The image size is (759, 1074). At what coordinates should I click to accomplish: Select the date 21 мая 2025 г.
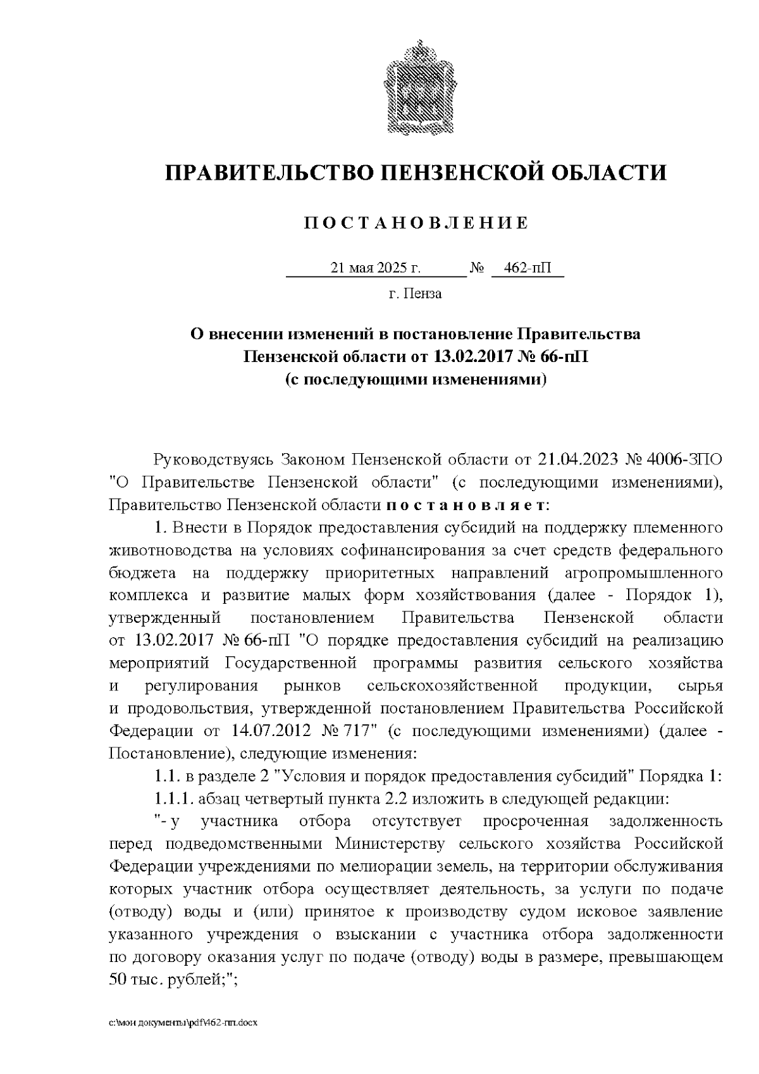coord(376,268)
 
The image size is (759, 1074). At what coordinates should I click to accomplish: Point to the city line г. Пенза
coord(415,294)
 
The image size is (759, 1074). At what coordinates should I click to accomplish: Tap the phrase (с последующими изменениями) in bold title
coord(415,379)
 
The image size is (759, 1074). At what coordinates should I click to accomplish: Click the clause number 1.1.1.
coord(173,799)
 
